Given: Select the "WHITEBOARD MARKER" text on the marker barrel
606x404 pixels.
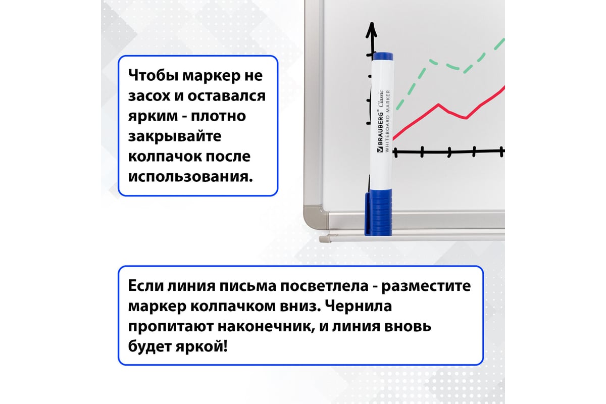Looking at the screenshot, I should pyautogui.click(x=387, y=121).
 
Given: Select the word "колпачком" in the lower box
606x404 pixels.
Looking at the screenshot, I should pyautogui.click(x=235, y=307).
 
